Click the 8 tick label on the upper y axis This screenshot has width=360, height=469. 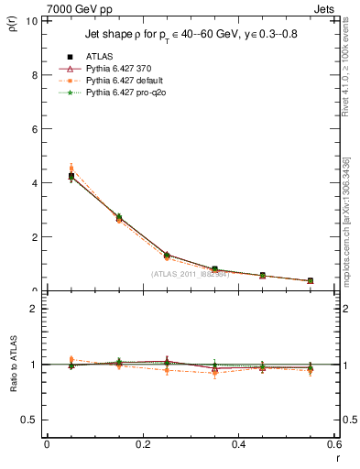point(34,75)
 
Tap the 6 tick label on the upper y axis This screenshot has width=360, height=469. point(34,129)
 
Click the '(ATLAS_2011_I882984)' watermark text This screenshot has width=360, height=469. point(191,272)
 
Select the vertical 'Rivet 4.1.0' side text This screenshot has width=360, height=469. point(346,78)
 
